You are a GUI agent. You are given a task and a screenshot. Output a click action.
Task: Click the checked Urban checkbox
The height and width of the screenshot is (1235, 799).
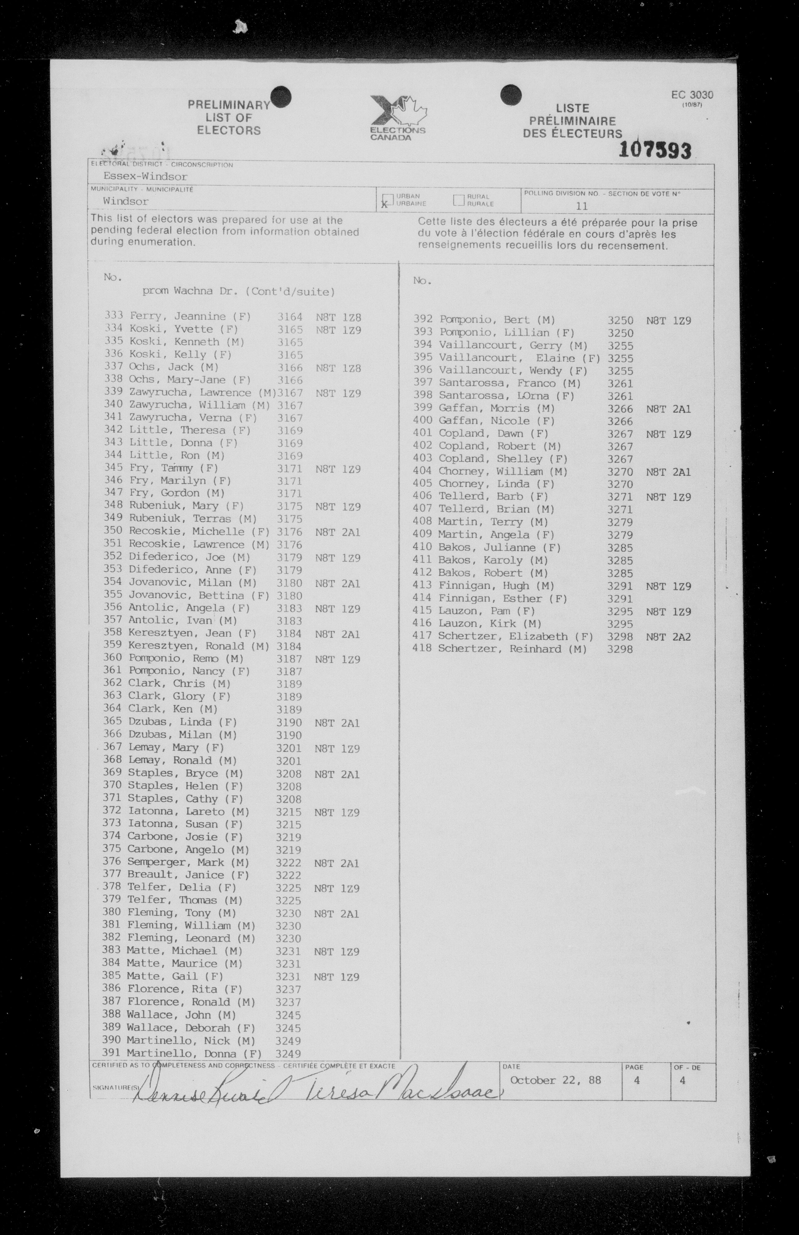tap(387, 201)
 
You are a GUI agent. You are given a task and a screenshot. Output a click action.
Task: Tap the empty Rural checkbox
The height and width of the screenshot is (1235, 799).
tap(458, 200)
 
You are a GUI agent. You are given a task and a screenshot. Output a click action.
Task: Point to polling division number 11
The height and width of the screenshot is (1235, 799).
tap(581, 206)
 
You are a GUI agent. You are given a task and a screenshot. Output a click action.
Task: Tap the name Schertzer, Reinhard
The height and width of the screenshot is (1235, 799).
tap(512, 649)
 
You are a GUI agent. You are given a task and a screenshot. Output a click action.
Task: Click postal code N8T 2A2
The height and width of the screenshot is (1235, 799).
tap(668, 637)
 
